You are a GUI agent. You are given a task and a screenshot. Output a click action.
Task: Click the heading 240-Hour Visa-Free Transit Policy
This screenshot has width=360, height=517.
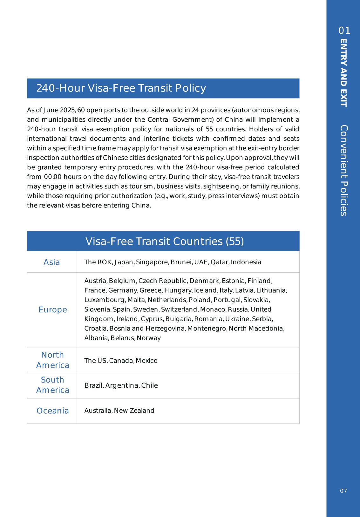[121, 88]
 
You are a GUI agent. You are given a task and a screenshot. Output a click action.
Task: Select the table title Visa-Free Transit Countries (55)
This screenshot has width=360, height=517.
[165, 241]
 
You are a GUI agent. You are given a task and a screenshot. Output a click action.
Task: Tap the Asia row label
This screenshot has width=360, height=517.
[51, 262]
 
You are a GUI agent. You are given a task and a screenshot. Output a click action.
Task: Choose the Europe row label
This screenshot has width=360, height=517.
[53, 310]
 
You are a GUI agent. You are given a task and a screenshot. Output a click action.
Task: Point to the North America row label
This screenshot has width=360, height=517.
[52, 360]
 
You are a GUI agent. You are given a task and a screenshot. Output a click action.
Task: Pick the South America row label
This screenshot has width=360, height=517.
[52, 385]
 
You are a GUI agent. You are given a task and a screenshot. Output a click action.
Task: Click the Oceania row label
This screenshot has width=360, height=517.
[53, 411]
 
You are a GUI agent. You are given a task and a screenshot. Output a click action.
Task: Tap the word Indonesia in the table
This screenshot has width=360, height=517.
[246, 262]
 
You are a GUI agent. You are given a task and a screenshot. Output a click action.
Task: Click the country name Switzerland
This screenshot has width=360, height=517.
[179, 310]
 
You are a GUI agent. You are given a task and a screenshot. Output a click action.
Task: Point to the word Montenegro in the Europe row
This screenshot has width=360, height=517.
[207, 329]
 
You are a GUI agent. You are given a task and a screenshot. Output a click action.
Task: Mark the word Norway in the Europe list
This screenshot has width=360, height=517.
[149, 338]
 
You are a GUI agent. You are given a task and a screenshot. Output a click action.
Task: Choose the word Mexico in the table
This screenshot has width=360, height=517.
[146, 361]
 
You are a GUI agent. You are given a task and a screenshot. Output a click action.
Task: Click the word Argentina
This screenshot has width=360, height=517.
[122, 385]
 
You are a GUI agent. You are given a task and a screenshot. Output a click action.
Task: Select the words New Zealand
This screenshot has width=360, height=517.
[134, 411]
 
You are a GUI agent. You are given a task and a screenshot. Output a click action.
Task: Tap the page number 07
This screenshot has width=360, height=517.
[343, 491]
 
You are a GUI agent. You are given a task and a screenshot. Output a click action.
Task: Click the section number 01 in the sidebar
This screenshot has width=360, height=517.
[344, 31]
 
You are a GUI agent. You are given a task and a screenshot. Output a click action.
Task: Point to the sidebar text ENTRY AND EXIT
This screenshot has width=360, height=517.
[343, 73]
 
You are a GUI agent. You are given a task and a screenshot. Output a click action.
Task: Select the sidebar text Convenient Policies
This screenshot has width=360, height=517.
[343, 170]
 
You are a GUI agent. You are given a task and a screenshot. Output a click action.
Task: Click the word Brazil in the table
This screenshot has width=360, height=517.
[94, 385]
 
